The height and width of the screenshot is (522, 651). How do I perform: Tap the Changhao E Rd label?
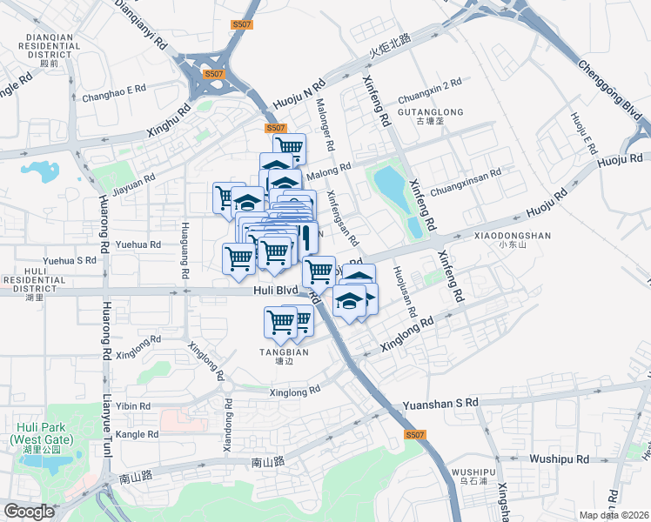[x=113, y=90]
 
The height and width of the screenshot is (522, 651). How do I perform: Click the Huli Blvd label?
[x=276, y=291]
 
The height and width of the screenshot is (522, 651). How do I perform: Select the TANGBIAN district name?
[x=279, y=352]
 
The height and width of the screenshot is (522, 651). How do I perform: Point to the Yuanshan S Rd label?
[x=440, y=404]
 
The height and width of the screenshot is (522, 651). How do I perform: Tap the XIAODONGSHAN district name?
[x=513, y=235]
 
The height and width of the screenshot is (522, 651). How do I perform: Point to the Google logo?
[x=29, y=512]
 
